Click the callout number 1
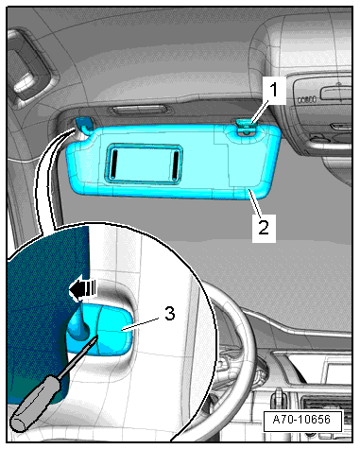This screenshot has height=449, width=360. [x=274, y=90]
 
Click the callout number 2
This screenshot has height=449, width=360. [x=264, y=227]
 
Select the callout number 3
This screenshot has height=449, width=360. [x=170, y=314]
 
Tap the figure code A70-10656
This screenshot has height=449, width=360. [x=302, y=420]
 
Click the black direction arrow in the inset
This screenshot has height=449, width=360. [x=82, y=288]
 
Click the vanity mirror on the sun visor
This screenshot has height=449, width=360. [x=144, y=164]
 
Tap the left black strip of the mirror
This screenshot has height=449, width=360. [x=115, y=163]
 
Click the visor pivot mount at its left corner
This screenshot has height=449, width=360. [x=83, y=126]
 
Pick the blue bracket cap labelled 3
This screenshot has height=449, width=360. [x=100, y=331]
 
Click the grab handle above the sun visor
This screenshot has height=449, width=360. [x=138, y=111]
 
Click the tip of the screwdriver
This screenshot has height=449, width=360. [x=97, y=337]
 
